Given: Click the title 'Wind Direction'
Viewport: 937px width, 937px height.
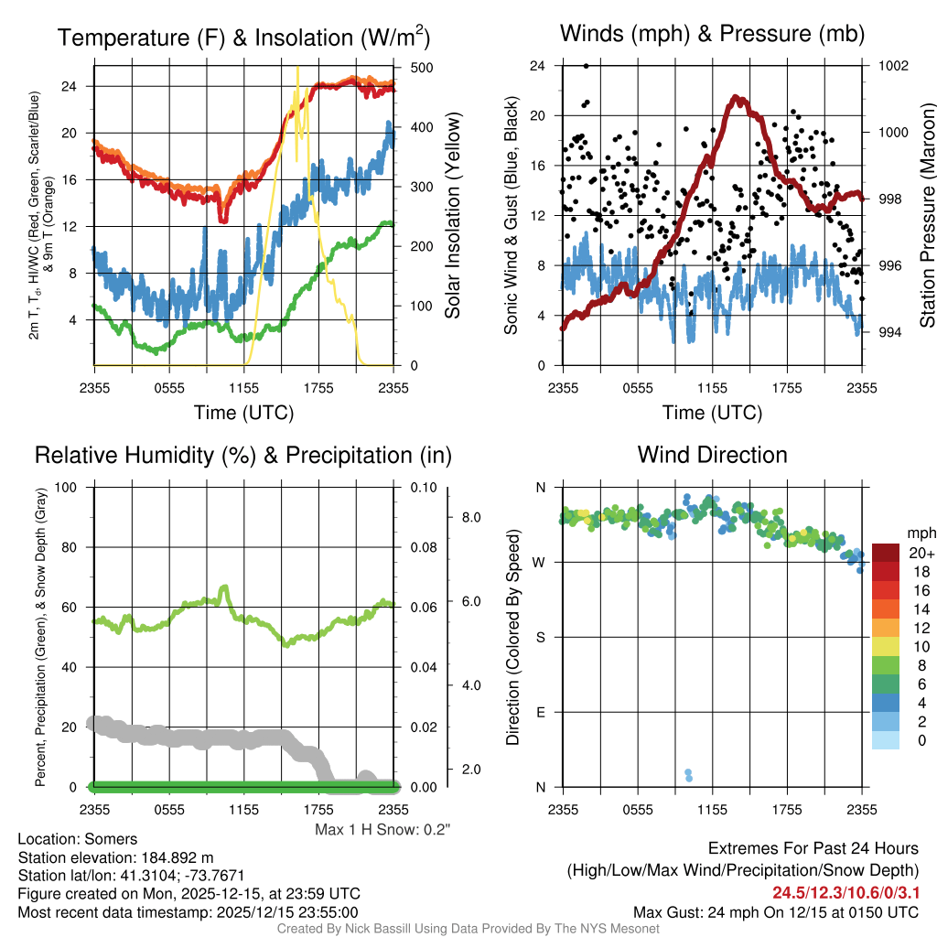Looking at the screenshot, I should coord(712,455).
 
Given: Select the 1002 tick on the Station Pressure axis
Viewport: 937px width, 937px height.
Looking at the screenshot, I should coord(893,66).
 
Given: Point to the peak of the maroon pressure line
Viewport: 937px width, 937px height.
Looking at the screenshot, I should coord(736,97).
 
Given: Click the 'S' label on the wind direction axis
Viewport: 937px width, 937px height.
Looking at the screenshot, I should coord(541,637).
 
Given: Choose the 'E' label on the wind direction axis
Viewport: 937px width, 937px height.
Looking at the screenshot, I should coord(541,712).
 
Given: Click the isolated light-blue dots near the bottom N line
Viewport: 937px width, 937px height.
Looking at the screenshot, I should coord(688,775).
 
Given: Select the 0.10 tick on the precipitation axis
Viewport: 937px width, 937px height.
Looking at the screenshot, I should coord(422,487).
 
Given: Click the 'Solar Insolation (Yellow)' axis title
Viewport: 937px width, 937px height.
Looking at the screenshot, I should coord(453,216).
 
